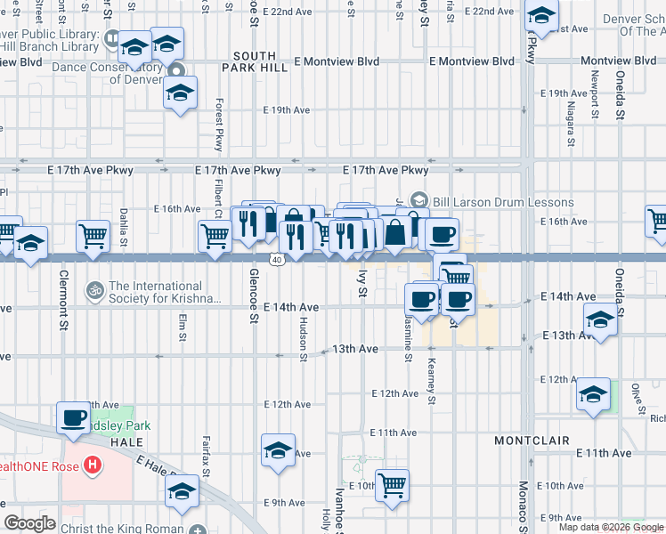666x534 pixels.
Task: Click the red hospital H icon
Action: tap(91, 465)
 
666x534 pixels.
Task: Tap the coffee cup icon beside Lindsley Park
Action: tap(73, 417)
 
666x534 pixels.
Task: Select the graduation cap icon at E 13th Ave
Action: tap(600, 320)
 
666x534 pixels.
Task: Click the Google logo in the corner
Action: tap(29, 523)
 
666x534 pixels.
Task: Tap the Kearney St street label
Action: tap(431, 381)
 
